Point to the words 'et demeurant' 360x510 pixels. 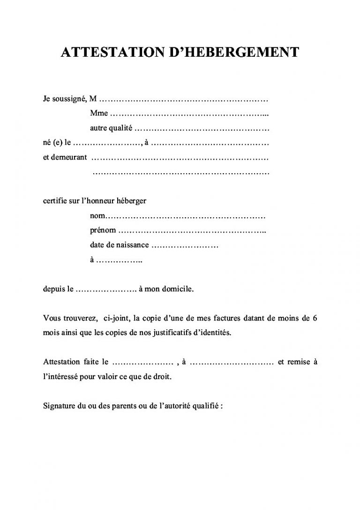[x=65, y=157]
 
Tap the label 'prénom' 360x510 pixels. [x=102, y=231]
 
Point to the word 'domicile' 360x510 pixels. [x=177, y=289]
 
